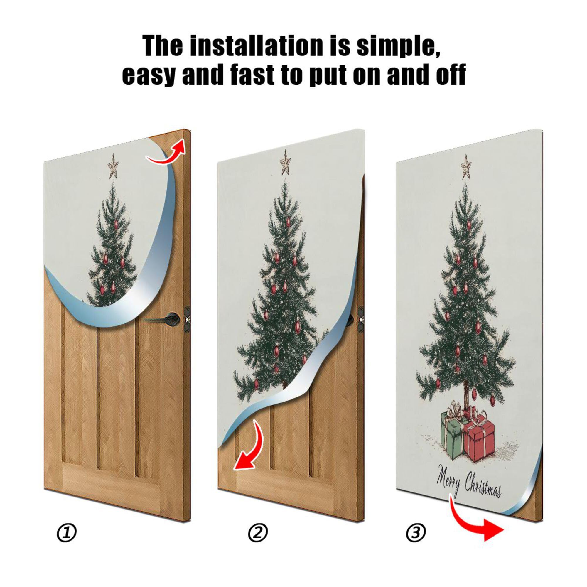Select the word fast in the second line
pyautogui.click(x=252, y=75)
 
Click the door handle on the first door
pyautogui.click(x=164, y=318)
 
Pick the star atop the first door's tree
pyautogui.click(x=113, y=166)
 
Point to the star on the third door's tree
pyautogui.click(x=465, y=167)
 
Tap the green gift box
pyautogui.click(x=452, y=434)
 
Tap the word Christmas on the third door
pyautogui.click(x=483, y=489)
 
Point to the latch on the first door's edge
pyautogui.click(x=187, y=319)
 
